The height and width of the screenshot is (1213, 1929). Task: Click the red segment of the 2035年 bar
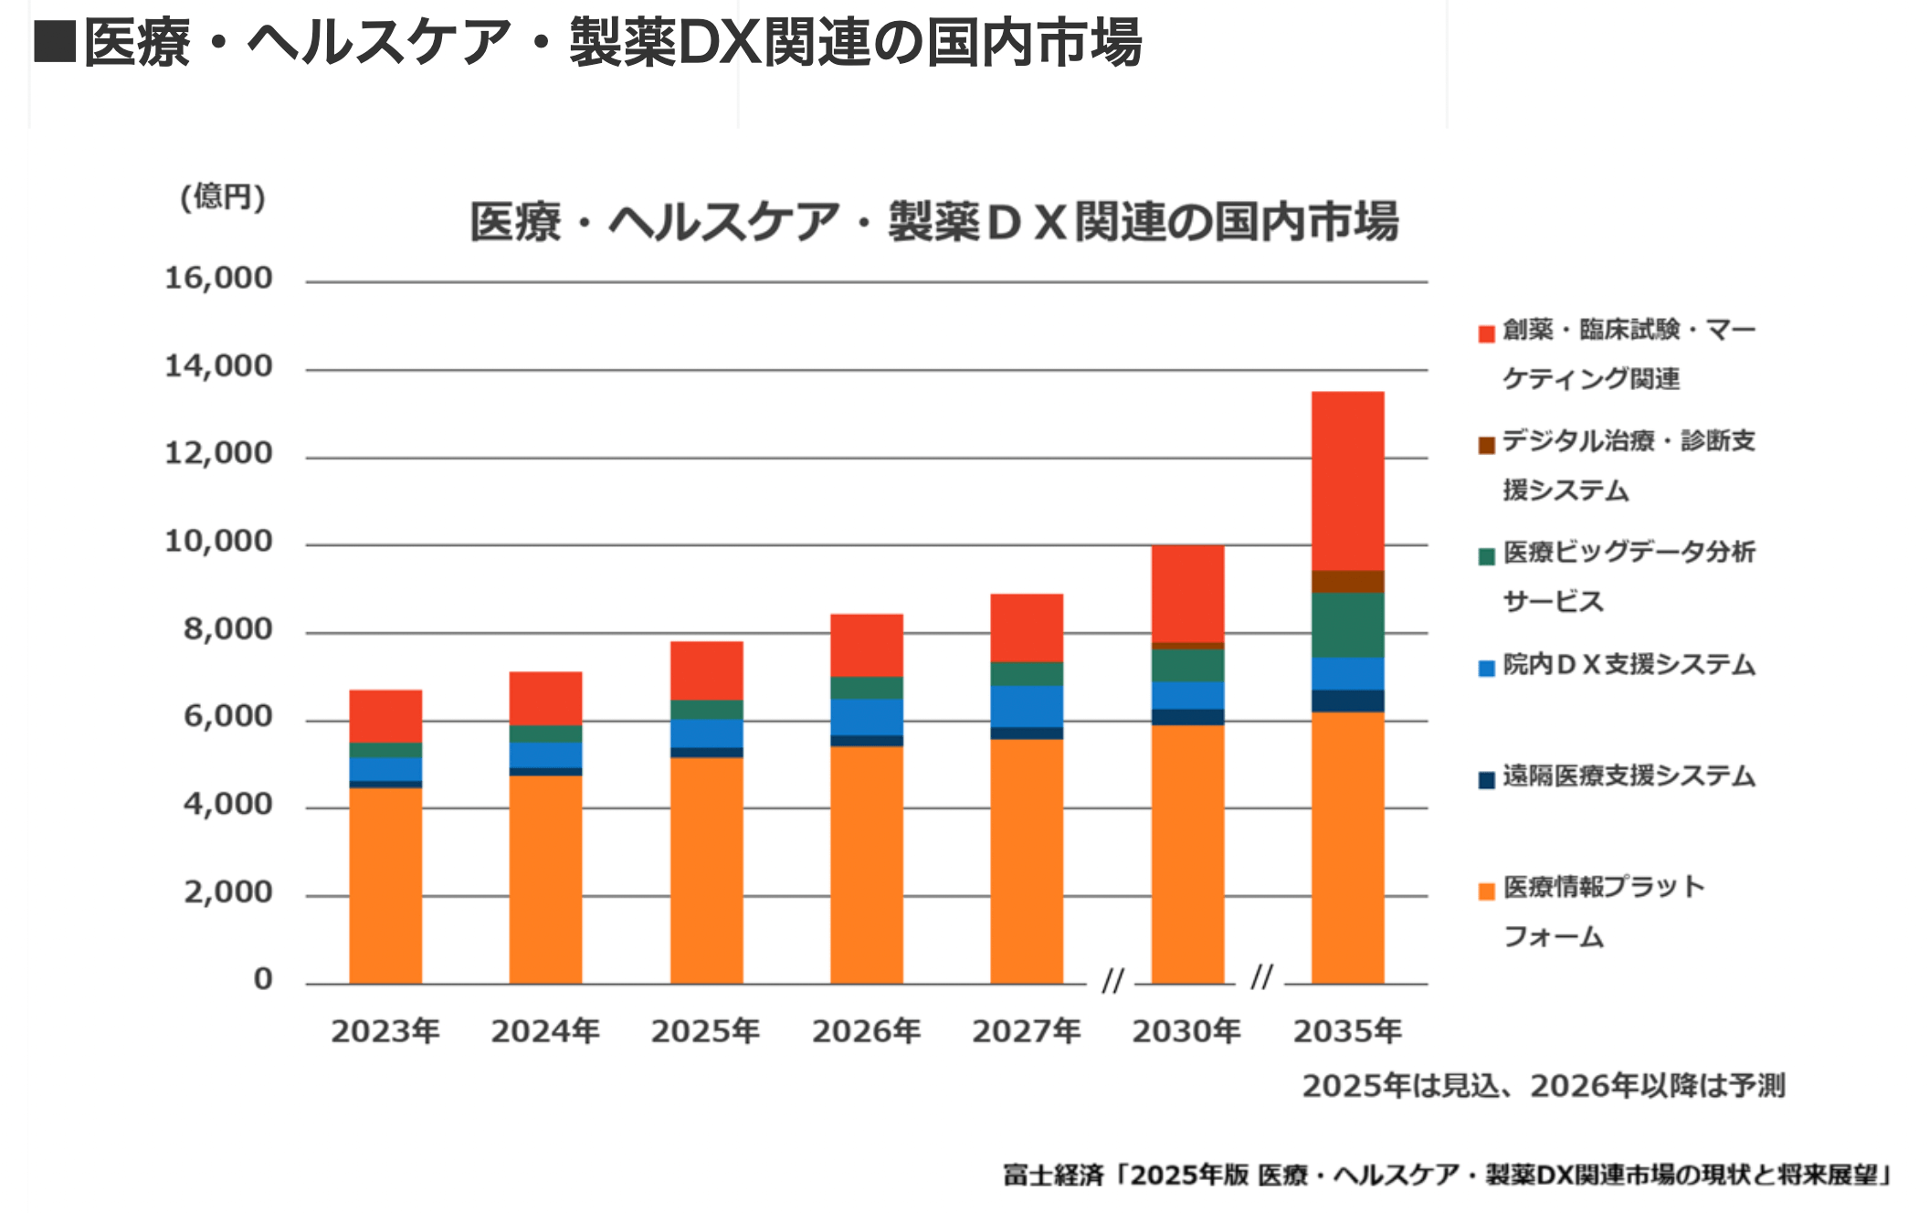(x=1347, y=480)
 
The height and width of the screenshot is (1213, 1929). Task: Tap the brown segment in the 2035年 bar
(x=1347, y=582)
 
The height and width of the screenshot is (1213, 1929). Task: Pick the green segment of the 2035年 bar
(x=1347, y=625)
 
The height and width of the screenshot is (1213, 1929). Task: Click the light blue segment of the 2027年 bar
(x=1027, y=706)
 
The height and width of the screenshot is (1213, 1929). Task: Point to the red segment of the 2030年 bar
(x=1187, y=594)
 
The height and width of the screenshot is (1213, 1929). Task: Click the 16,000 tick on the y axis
(x=218, y=278)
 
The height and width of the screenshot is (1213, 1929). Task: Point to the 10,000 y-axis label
(x=218, y=541)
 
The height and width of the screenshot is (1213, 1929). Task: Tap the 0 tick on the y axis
(x=263, y=978)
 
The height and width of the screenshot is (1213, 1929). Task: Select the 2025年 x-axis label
(x=705, y=1031)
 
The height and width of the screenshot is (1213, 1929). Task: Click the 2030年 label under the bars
(x=1186, y=1031)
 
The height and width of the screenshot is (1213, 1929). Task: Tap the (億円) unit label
(x=223, y=196)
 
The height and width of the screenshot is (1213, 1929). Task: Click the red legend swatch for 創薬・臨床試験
(x=1486, y=333)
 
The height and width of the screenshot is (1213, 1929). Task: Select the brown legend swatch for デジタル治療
(x=1486, y=445)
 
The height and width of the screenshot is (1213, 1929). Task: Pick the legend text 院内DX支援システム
(x=1629, y=664)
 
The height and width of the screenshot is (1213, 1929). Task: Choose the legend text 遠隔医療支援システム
(x=1629, y=775)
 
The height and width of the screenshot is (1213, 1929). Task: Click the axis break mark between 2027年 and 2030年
(x=1112, y=980)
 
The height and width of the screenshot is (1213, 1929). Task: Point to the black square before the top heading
(x=54, y=41)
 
